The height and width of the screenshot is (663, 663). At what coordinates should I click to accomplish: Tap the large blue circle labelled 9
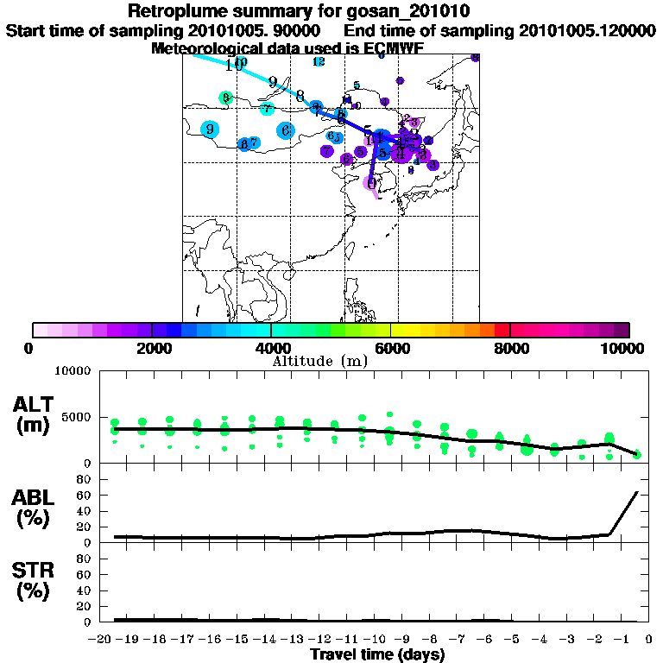(210, 129)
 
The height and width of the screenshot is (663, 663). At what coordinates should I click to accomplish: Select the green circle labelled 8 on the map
(225, 98)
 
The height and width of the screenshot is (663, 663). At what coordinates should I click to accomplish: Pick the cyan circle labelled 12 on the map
(319, 61)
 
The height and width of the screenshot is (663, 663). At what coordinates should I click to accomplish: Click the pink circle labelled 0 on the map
(371, 182)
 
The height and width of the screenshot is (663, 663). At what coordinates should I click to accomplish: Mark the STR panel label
(35, 581)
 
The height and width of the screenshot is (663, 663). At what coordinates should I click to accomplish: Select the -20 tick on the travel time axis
(102, 640)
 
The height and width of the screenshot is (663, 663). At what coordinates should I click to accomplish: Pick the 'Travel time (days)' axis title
(377, 654)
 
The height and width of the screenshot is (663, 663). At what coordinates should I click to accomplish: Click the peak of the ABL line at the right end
(637, 491)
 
